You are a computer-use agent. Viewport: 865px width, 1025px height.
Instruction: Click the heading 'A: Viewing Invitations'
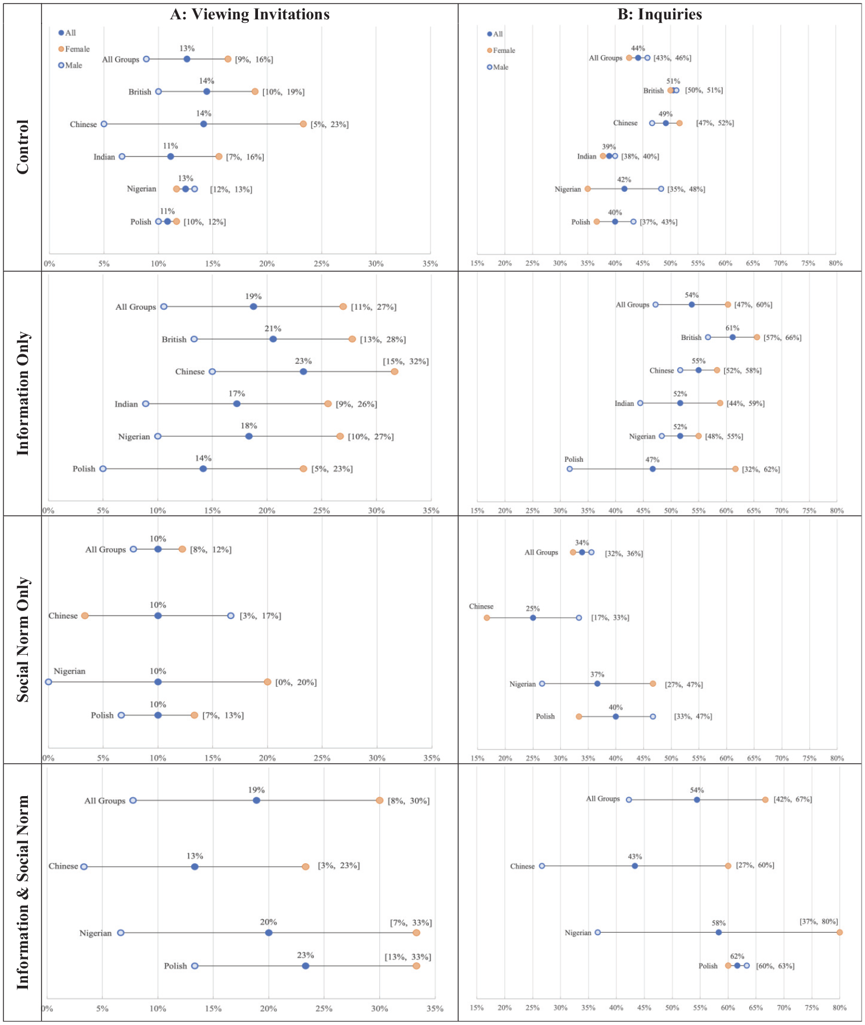(249, 14)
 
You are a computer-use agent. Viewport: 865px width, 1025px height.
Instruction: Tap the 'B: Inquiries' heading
(659, 14)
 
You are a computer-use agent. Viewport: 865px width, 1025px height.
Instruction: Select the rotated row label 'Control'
(22, 147)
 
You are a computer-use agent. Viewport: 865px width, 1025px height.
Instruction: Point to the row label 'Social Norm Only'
(22, 639)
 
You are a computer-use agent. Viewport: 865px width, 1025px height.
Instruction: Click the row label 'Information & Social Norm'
(22, 892)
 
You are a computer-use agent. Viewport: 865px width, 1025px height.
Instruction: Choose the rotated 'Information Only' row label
(22, 393)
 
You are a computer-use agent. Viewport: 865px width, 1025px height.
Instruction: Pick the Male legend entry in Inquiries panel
(498, 67)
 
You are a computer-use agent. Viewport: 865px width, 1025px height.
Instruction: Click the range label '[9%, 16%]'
(254, 59)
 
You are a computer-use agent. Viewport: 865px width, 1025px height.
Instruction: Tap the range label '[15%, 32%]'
(406, 362)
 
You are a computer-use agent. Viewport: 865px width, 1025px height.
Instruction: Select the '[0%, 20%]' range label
(296, 682)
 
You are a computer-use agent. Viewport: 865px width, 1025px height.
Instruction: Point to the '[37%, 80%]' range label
(819, 922)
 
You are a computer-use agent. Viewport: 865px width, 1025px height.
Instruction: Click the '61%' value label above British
(732, 328)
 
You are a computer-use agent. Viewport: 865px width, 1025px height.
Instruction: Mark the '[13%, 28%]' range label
(383, 339)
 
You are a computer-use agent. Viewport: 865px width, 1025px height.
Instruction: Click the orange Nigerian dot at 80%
(839, 933)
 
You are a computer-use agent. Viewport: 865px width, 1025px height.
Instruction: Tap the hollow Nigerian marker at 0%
(48, 682)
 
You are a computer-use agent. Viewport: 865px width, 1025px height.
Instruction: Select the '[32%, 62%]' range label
(761, 469)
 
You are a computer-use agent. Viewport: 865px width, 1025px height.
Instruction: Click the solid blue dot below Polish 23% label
(305, 966)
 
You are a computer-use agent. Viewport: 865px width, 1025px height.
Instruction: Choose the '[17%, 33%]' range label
(610, 618)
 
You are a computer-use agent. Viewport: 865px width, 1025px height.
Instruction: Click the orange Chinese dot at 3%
(85, 616)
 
